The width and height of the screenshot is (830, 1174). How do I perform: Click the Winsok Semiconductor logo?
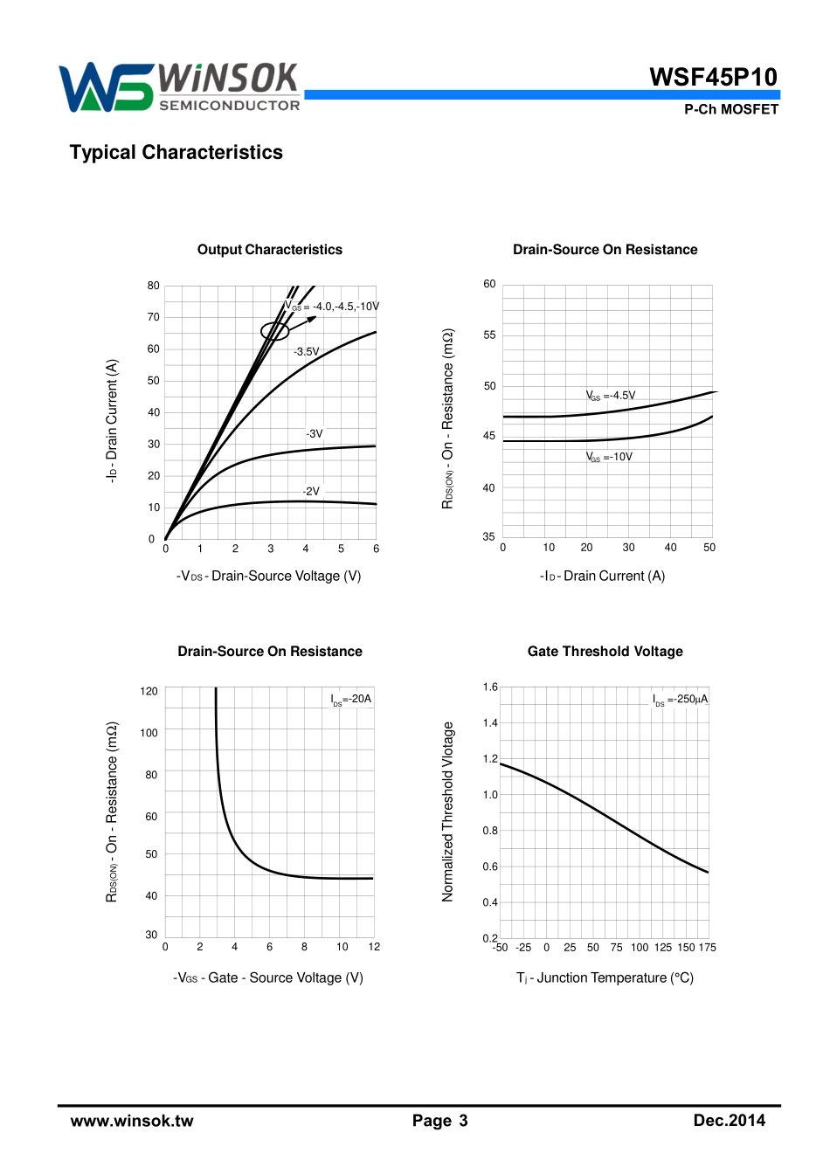(179, 87)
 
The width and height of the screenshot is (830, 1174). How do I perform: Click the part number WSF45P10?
(713, 77)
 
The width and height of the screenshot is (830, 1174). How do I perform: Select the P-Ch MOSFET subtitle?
(730, 109)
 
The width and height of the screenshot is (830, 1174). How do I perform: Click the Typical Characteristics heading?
(176, 152)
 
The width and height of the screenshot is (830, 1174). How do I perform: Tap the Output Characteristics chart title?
(269, 250)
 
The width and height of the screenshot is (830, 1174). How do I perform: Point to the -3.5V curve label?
(307, 352)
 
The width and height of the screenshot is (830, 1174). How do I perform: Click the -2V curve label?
(311, 492)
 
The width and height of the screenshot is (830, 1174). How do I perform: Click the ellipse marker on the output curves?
(274, 331)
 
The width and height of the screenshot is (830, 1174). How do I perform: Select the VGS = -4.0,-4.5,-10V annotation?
(332, 307)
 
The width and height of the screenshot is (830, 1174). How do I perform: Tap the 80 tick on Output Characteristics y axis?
(154, 286)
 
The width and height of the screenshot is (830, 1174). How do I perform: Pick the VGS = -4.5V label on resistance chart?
(611, 396)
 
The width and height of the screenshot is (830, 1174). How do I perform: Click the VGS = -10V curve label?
(609, 457)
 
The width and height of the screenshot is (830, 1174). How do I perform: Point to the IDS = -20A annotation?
(351, 699)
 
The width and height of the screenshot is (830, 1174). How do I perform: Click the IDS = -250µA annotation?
(680, 700)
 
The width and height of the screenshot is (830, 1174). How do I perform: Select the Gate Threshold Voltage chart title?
(605, 652)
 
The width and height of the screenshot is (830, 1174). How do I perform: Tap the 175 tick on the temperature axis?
(708, 948)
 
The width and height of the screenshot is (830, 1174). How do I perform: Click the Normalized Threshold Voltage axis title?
(448, 811)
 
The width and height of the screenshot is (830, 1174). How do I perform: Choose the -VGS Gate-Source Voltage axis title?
(268, 978)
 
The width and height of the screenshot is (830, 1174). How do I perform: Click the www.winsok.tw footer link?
(132, 1121)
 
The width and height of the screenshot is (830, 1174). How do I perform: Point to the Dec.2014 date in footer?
(729, 1121)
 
